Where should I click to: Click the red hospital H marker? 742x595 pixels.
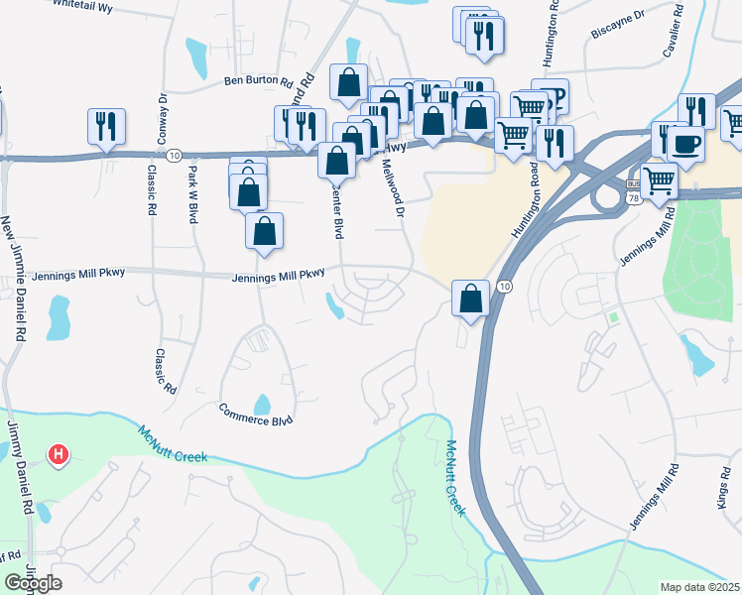(59, 455)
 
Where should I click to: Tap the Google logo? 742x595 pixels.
(33, 583)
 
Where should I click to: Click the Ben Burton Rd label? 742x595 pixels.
(258, 81)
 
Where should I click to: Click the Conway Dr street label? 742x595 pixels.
(162, 116)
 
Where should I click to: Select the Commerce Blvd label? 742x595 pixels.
(256, 419)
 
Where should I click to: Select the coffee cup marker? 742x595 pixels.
(684, 144)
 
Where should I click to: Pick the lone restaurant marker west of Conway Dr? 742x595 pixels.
(105, 127)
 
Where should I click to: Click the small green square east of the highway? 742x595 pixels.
(614, 317)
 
